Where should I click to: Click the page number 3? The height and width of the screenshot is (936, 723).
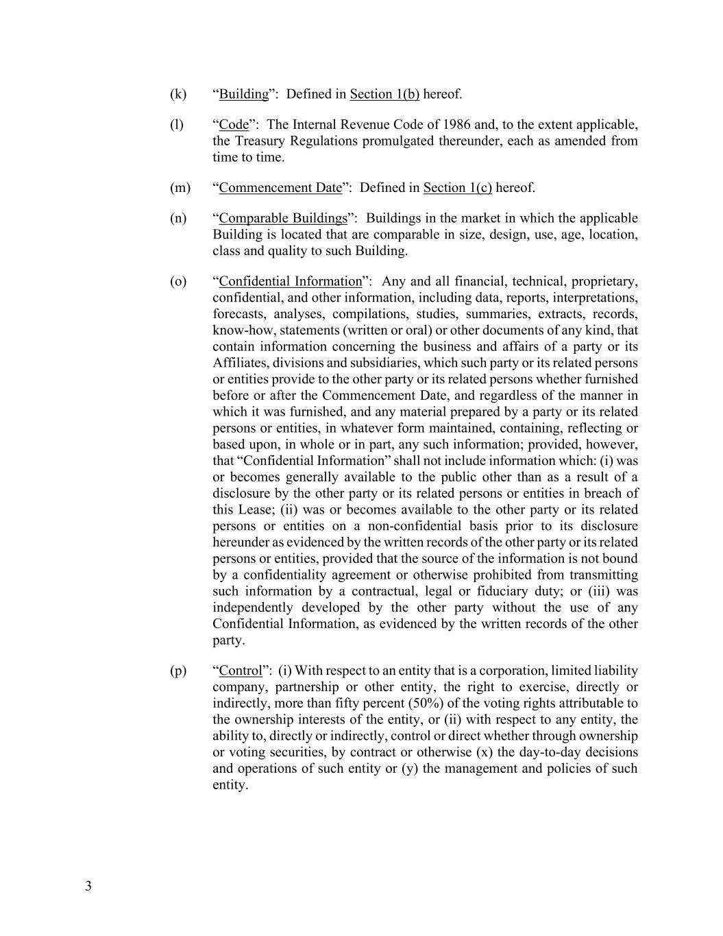point(88,886)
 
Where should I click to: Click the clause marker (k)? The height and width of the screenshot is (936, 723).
point(178,94)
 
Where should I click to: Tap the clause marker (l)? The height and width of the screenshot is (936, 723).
point(177,125)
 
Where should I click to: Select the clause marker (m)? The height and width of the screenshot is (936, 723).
point(180,188)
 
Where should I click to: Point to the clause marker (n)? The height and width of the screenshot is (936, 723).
point(178,219)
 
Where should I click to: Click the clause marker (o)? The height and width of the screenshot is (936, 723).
point(178,282)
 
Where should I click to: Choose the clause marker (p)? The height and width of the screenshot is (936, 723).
point(178,671)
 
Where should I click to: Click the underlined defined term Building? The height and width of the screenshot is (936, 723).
point(243,94)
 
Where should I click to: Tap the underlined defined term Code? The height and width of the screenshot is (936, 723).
point(234,125)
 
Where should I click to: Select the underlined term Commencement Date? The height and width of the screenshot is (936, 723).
point(280,188)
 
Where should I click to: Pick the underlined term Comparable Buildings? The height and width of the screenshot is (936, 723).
point(283,219)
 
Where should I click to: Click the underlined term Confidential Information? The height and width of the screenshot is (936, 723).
point(290,282)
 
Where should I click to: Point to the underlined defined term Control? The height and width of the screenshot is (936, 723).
point(241,671)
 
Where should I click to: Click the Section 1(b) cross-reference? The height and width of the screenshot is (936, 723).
point(384,94)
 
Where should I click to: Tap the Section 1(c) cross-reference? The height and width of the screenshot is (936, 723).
point(458,188)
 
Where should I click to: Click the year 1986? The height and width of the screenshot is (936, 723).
point(456,125)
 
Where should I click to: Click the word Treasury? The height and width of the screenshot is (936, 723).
point(260,141)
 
